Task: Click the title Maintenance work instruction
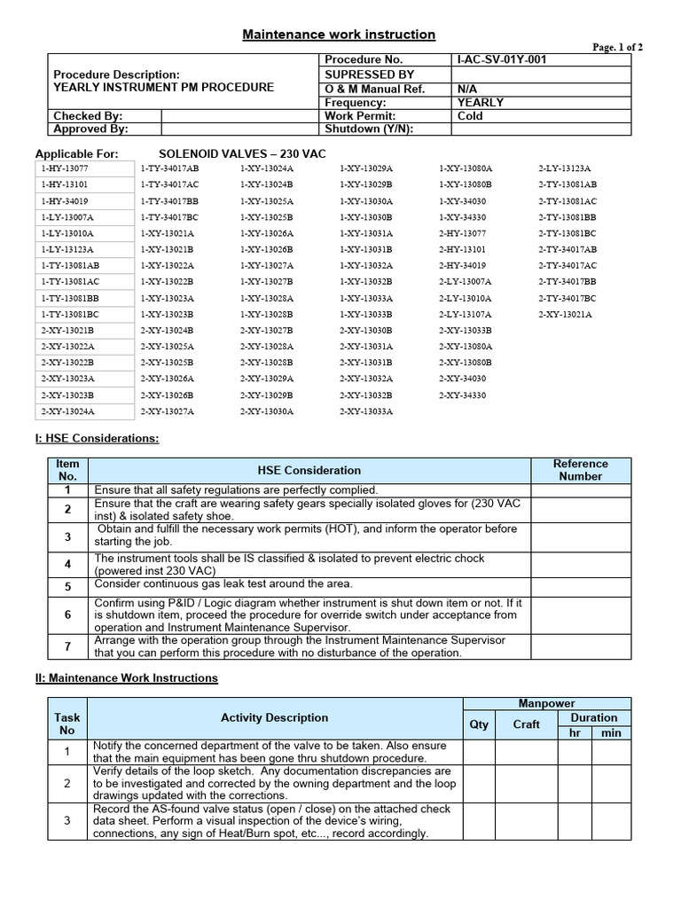[340, 35]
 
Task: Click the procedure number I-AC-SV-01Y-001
[502, 59]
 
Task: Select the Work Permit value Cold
[470, 115]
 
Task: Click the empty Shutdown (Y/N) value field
[541, 129]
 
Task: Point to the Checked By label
[88, 115]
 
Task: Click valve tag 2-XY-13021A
[565, 314]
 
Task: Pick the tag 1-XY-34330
[462, 216]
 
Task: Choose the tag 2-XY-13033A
[366, 411]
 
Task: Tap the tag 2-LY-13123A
[565, 168]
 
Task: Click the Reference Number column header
[580, 470]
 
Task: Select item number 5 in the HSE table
[67, 586]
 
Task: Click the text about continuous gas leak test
[223, 583]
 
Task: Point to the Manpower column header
[546, 703]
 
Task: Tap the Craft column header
[527, 724]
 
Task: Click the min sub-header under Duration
[611, 733]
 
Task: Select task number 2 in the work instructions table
[67, 784]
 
